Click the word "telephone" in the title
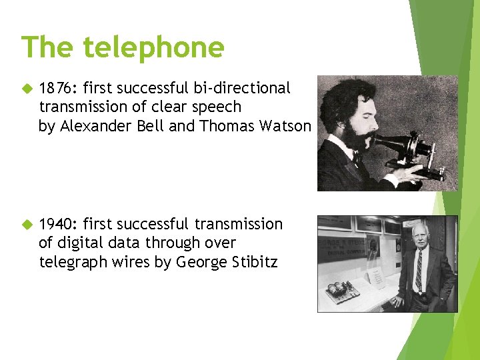(x=154, y=48)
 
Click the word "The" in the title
(x=49, y=48)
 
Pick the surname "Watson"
(x=287, y=126)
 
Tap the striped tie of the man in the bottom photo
(x=419, y=271)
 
